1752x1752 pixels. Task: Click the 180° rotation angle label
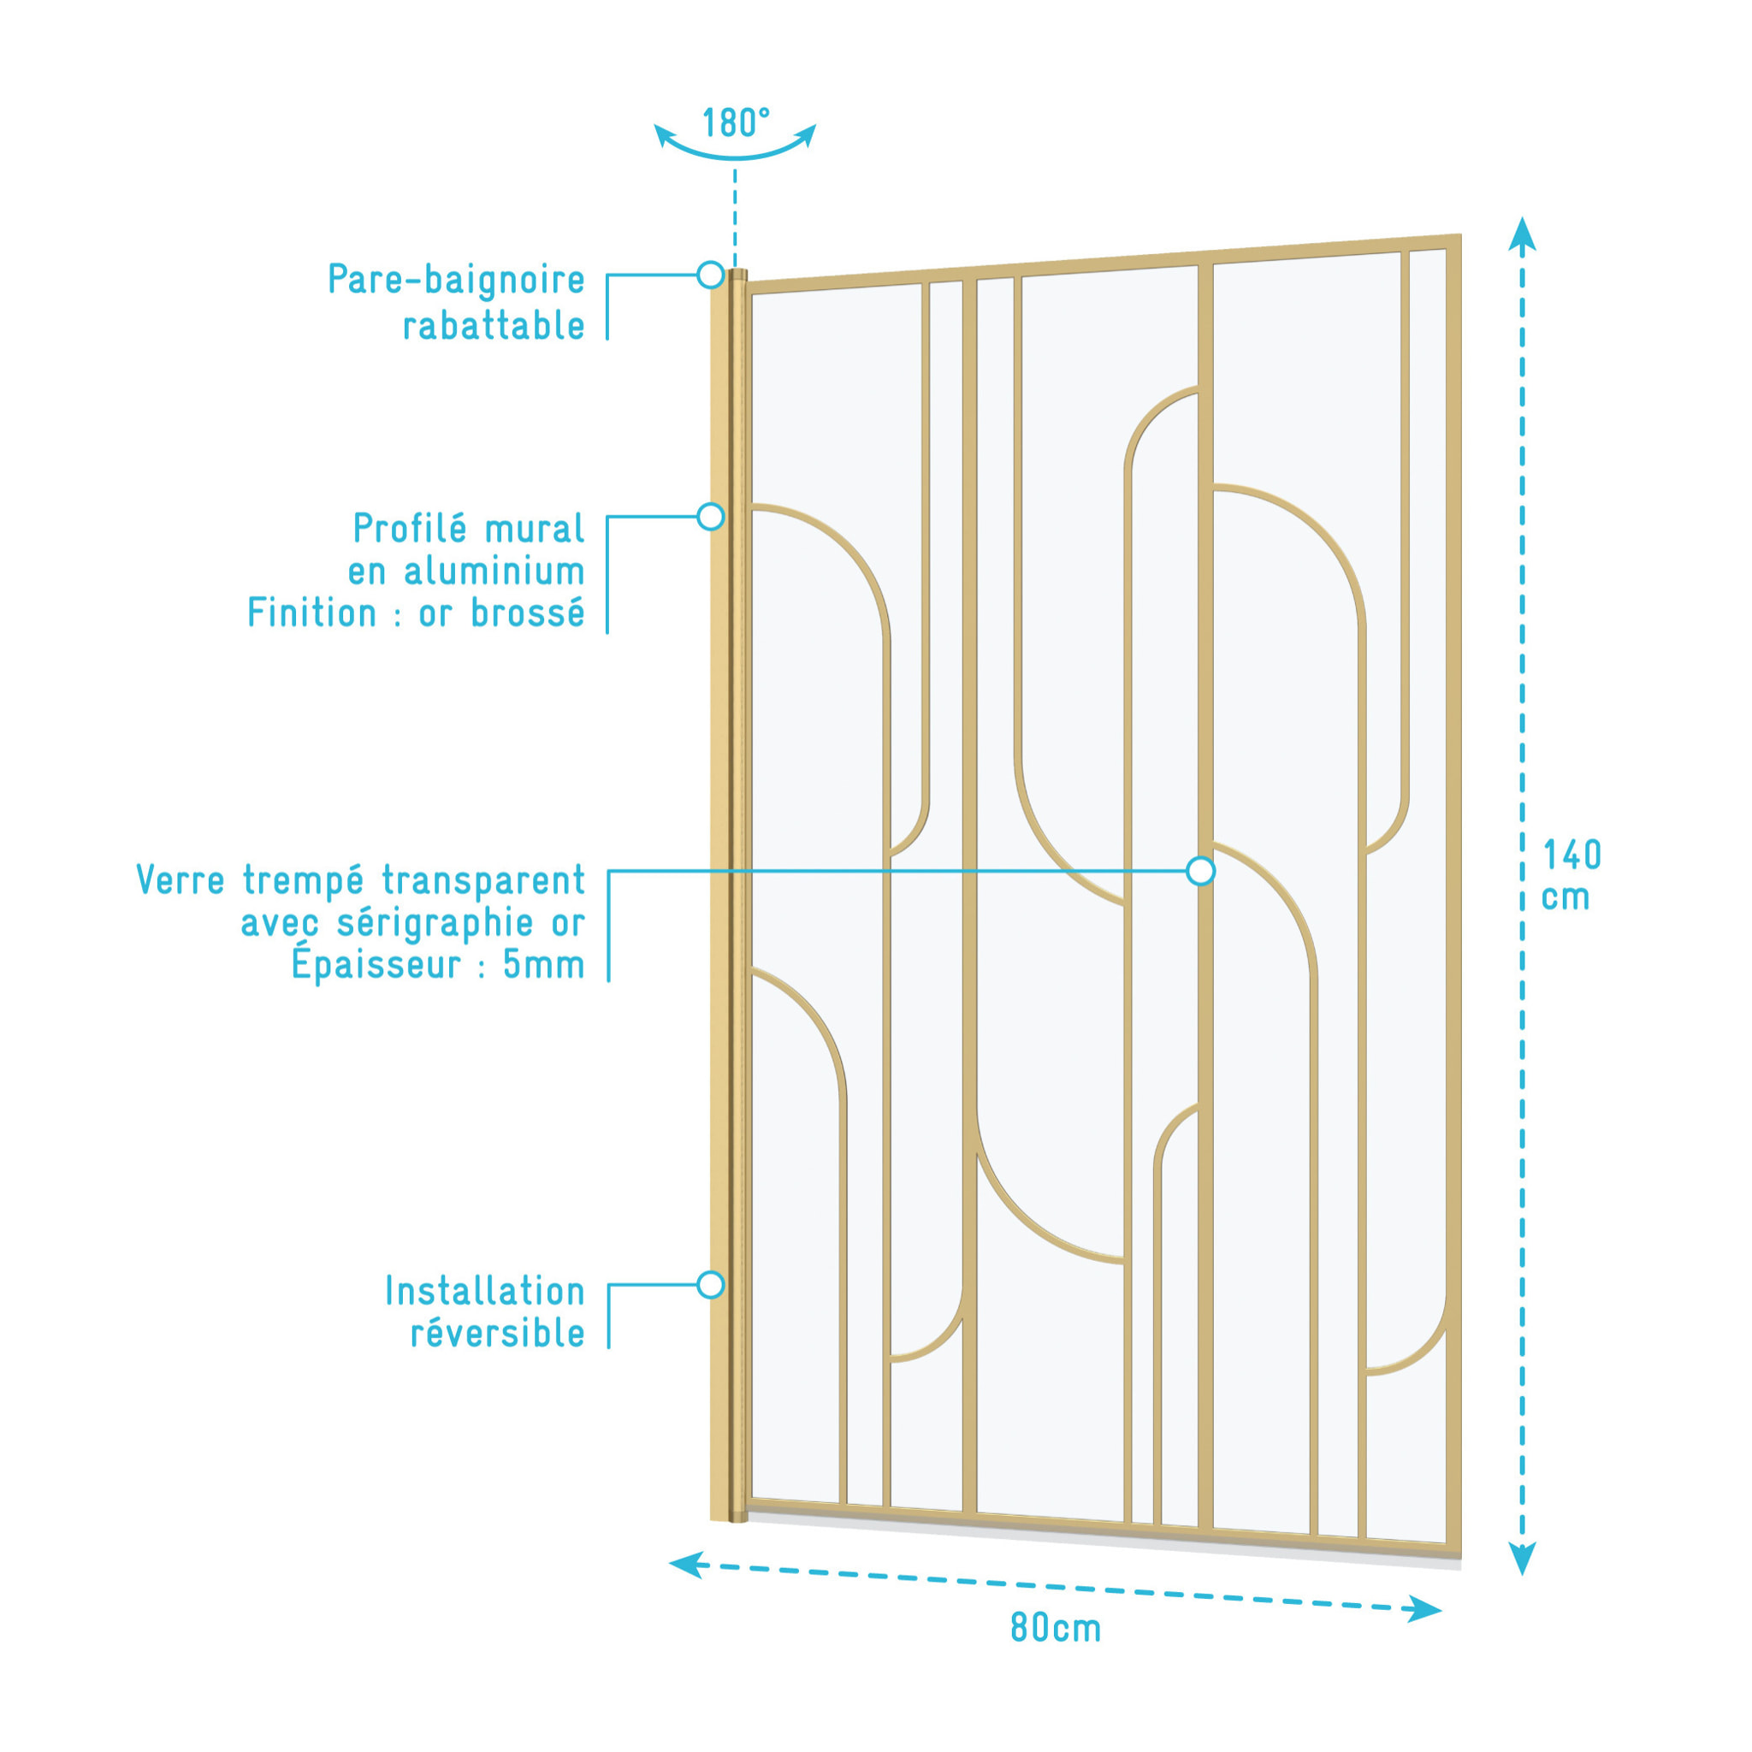click(x=736, y=122)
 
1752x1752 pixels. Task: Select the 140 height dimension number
click(x=1572, y=855)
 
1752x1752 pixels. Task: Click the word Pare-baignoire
click(x=456, y=281)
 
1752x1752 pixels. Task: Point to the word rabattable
click(x=494, y=326)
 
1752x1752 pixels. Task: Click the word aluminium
click(x=494, y=571)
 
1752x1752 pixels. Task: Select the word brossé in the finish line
click(x=528, y=613)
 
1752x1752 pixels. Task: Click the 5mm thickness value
click(x=544, y=965)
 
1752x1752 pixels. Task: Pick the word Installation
click(x=485, y=1291)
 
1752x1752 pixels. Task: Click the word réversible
click(x=498, y=1333)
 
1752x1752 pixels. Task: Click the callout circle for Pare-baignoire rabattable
click(x=711, y=275)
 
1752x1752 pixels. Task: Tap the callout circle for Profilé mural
click(x=711, y=517)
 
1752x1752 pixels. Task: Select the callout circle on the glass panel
click(x=1200, y=872)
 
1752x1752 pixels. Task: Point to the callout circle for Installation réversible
click(x=711, y=1285)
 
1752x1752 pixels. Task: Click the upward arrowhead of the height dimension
click(x=1522, y=232)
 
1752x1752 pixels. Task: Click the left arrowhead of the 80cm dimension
click(x=685, y=1565)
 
